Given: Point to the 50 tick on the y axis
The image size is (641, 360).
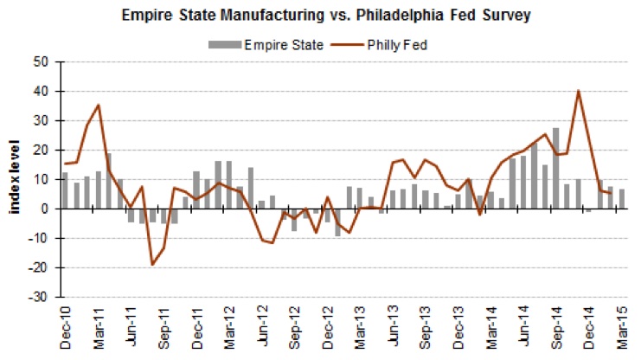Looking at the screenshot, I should (x=42, y=62).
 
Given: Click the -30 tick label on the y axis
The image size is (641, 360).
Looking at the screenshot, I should (x=40, y=297).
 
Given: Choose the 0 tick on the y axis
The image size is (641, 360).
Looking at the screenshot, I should (x=46, y=209).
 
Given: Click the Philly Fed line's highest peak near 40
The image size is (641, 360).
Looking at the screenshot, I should (x=578, y=91).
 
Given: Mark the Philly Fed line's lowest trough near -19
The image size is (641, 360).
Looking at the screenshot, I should (x=152, y=264).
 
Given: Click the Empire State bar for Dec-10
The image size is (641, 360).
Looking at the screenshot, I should (x=65, y=190).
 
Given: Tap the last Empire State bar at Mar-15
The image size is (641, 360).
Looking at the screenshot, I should (x=621, y=199).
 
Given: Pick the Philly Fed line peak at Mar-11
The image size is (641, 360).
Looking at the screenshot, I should (x=98, y=105).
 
